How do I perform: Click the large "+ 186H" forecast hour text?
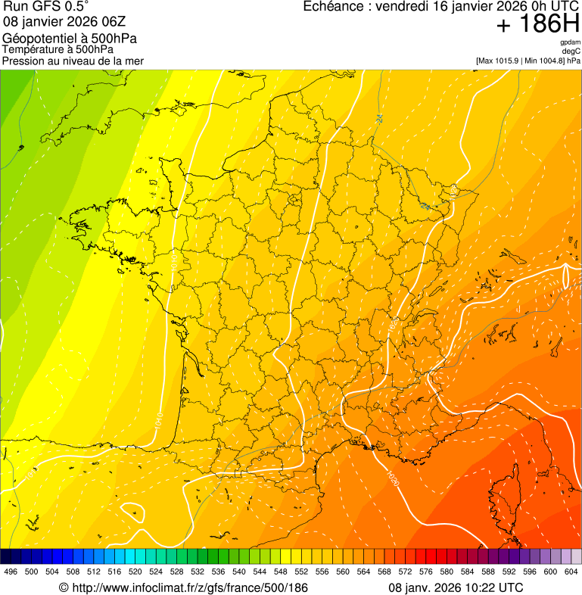coord(537,25)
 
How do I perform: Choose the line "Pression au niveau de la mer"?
coord(73,61)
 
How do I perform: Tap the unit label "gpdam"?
coord(570,42)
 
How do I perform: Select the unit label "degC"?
coord(571,51)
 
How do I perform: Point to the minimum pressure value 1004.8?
coord(551,60)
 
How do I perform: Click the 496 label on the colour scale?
coord(11,572)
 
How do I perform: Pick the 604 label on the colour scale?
coord(571,572)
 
